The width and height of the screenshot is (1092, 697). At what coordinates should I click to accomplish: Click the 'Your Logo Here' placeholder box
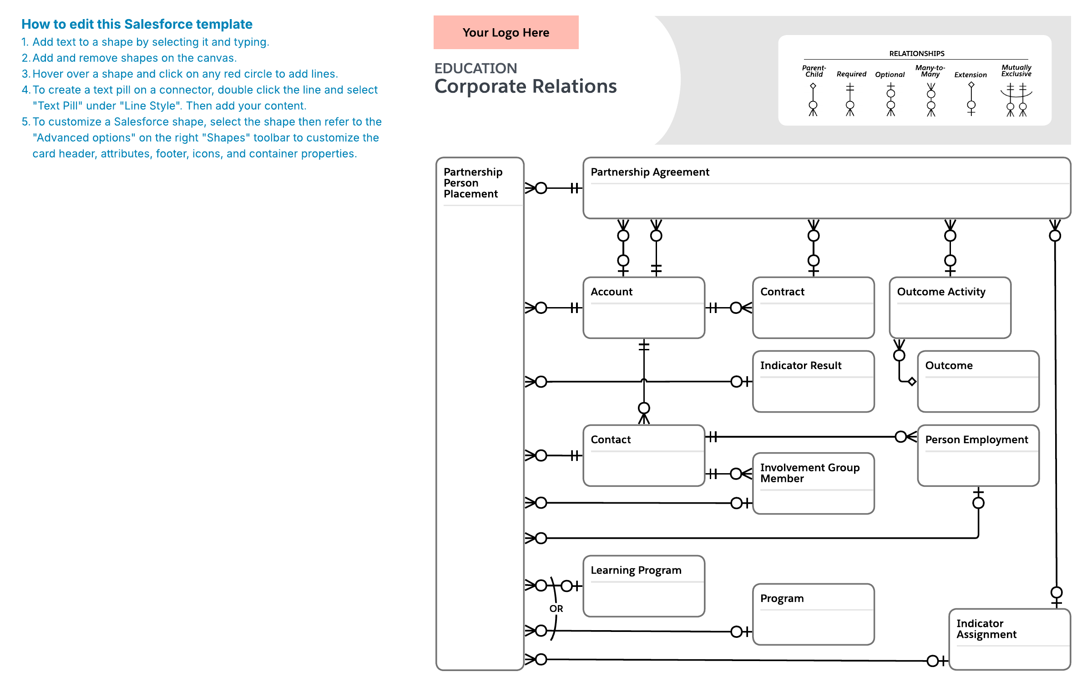tap(506, 32)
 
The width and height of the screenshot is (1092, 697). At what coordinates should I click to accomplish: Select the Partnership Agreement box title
tap(650, 172)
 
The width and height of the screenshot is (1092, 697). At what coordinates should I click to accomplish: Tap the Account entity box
tap(644, 308)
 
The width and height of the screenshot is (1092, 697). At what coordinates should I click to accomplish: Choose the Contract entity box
tap(814, 308)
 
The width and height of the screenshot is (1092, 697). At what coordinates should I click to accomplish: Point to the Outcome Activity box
tap(950, 308)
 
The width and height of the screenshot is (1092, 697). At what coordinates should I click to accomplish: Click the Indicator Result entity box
tap(814, 381)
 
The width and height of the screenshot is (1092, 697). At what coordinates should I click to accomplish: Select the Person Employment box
tap(979, 455)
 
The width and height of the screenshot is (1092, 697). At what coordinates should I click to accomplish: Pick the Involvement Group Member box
tap(814, 483)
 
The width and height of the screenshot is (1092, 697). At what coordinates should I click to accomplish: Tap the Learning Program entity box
tap(644, 586)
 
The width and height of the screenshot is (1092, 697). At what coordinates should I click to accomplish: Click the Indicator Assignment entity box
tap(1010, 639)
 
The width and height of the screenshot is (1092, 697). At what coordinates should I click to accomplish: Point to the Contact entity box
tap(644, 455)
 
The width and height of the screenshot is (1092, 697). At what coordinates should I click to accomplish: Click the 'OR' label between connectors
tap(556, 609)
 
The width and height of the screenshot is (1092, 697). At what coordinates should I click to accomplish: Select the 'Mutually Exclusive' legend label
tap(1016, 71)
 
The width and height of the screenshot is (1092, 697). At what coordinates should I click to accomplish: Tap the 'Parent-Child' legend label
tap(814, 71)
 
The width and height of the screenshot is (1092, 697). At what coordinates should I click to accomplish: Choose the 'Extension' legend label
tap(971, 75)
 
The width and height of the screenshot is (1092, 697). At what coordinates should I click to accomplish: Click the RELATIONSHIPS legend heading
tap(917, 54)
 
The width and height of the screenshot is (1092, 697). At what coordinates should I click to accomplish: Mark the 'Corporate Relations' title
tap(526, 86)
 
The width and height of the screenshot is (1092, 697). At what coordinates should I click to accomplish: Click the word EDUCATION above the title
tap(475, 68)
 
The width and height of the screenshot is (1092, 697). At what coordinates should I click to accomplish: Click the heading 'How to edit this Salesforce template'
tap(137, 24)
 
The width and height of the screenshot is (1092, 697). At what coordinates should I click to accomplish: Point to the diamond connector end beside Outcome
tap(912, 381)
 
